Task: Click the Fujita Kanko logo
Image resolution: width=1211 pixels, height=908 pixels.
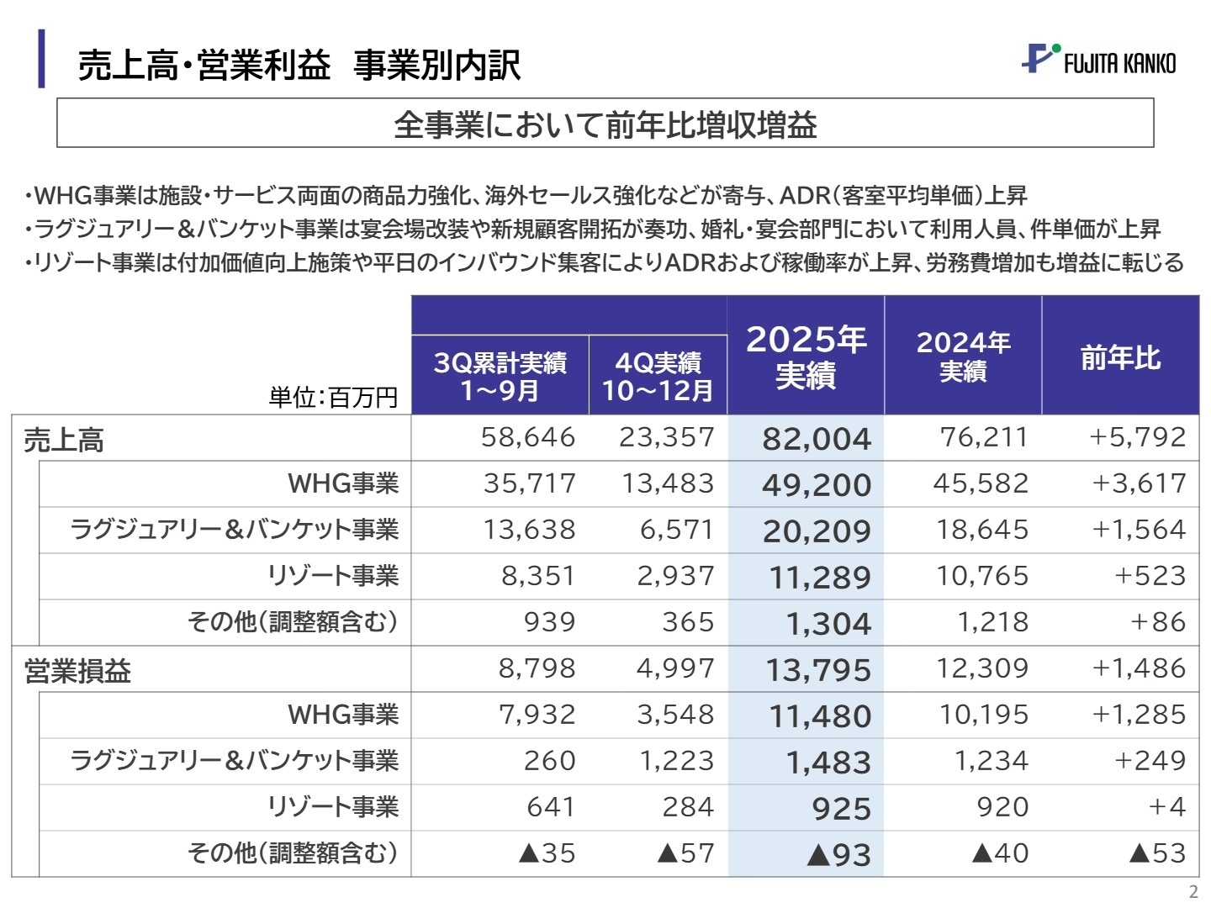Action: pyautogui.click(x=1098, y=60)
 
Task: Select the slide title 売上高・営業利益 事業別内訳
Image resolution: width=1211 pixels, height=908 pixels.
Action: pyautogui.click(x=299, y=65)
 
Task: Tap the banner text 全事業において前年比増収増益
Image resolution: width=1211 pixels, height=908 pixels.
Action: pyautogui.click(x=605, y=124)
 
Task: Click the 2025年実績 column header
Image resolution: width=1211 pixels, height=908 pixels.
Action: pyautogui.click(x=806, y=356)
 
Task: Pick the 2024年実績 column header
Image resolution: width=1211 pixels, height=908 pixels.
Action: pyautogui.click(x=963, y=356)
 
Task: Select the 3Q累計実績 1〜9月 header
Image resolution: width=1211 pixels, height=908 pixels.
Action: pyautogui.click(x=500, y=376)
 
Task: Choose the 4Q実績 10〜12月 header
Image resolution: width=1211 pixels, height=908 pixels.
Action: pyautogui.click(x=658, y=376)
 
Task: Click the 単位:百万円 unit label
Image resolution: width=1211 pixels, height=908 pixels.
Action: pyautogui.click(x=333, y=397)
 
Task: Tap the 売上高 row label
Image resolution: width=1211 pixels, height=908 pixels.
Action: pyautogui.click(x=64, y=440)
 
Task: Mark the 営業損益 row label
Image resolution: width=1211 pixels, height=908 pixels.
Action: pyautogui.click(x=77, y=671)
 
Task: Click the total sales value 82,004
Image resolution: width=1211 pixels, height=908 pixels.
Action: pyautogui.click(x=817, y=439)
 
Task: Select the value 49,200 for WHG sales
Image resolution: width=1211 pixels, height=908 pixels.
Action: pyautogui.click(x=817, y=485)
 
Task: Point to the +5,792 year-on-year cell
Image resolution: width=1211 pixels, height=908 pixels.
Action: pyautogui.click(x=1137, y=437)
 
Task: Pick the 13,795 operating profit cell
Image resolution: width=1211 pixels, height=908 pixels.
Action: pyautogui.click(x=818, y=670)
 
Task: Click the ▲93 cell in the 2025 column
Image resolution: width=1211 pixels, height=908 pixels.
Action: pyautogui.click(x=838, y=855)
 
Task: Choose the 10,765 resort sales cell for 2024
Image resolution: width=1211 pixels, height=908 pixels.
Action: pyautogui.click(x=982, y=576)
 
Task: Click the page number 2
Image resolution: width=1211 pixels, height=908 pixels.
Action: pyautogui.click(x=1193, y=892)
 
